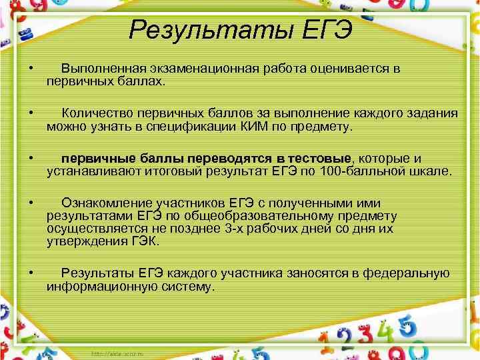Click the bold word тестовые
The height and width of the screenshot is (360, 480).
tap(323, 158)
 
